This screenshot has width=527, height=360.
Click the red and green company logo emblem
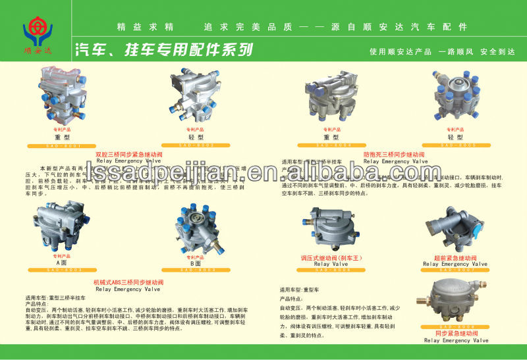click(38, 30)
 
